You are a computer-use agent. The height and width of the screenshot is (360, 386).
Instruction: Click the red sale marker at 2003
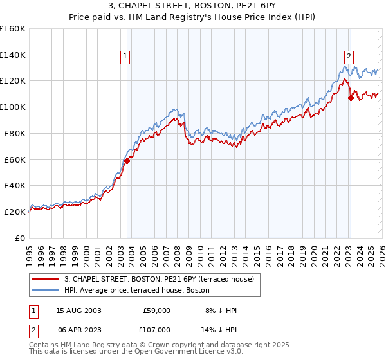click(x=127, y=161)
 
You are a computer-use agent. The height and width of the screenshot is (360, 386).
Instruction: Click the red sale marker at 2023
click(x=351, y=98)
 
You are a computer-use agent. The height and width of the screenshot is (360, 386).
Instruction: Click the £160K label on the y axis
click(x=13, y=29)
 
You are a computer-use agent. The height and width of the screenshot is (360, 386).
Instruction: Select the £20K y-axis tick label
click(x=15, y=212)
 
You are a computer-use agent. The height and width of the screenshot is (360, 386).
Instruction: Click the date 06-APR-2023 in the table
click(x=78, y=329)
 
